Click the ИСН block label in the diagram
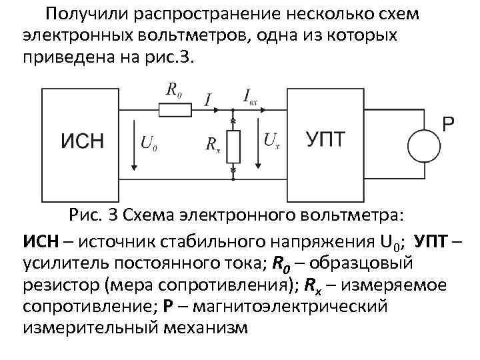83,142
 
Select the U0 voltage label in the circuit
151,142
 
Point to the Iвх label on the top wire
250,97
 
